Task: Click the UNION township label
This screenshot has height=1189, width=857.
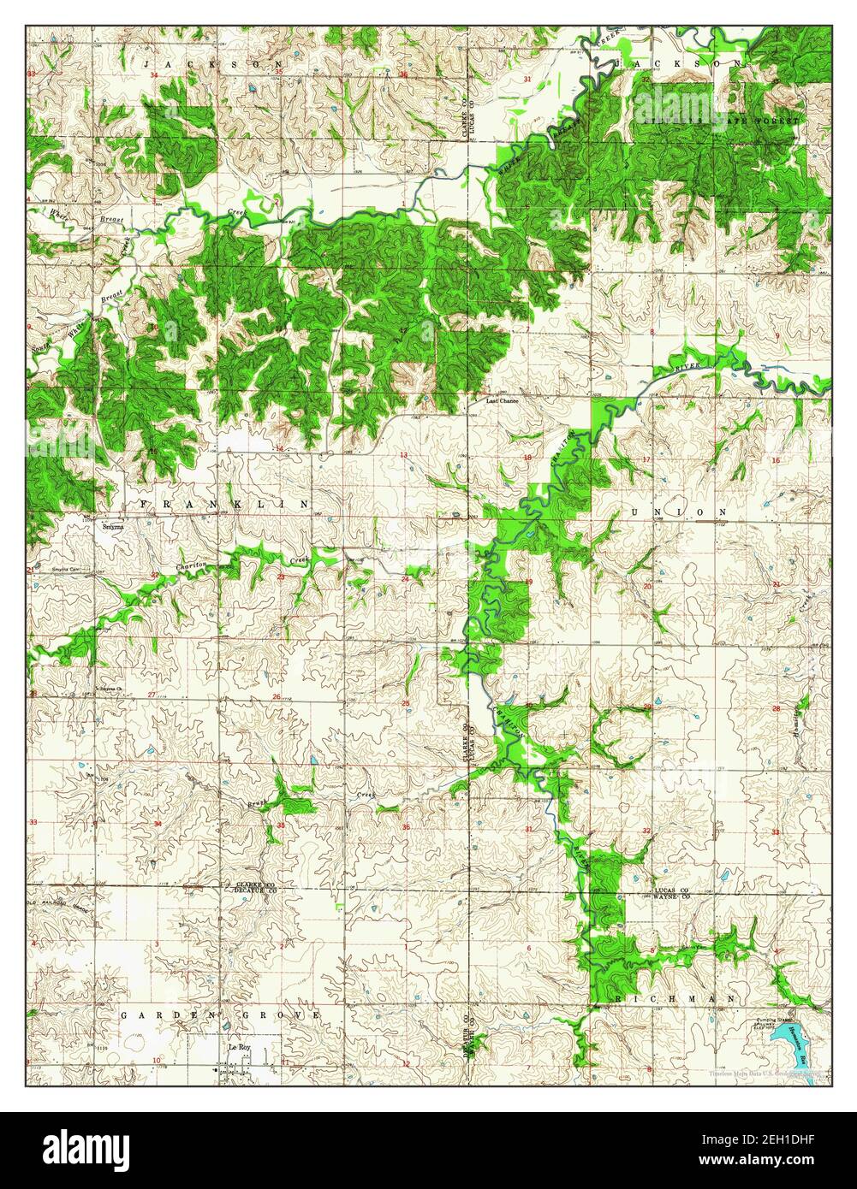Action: (678, 512)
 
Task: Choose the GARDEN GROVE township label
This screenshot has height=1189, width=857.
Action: (221, 1014)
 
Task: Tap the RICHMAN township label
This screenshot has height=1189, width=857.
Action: (673, 998)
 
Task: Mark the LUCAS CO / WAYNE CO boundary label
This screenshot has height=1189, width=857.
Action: (673, 894)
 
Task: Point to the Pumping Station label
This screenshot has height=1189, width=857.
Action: (772, 1022)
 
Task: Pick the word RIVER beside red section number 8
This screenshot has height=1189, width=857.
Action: (687, 366)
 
